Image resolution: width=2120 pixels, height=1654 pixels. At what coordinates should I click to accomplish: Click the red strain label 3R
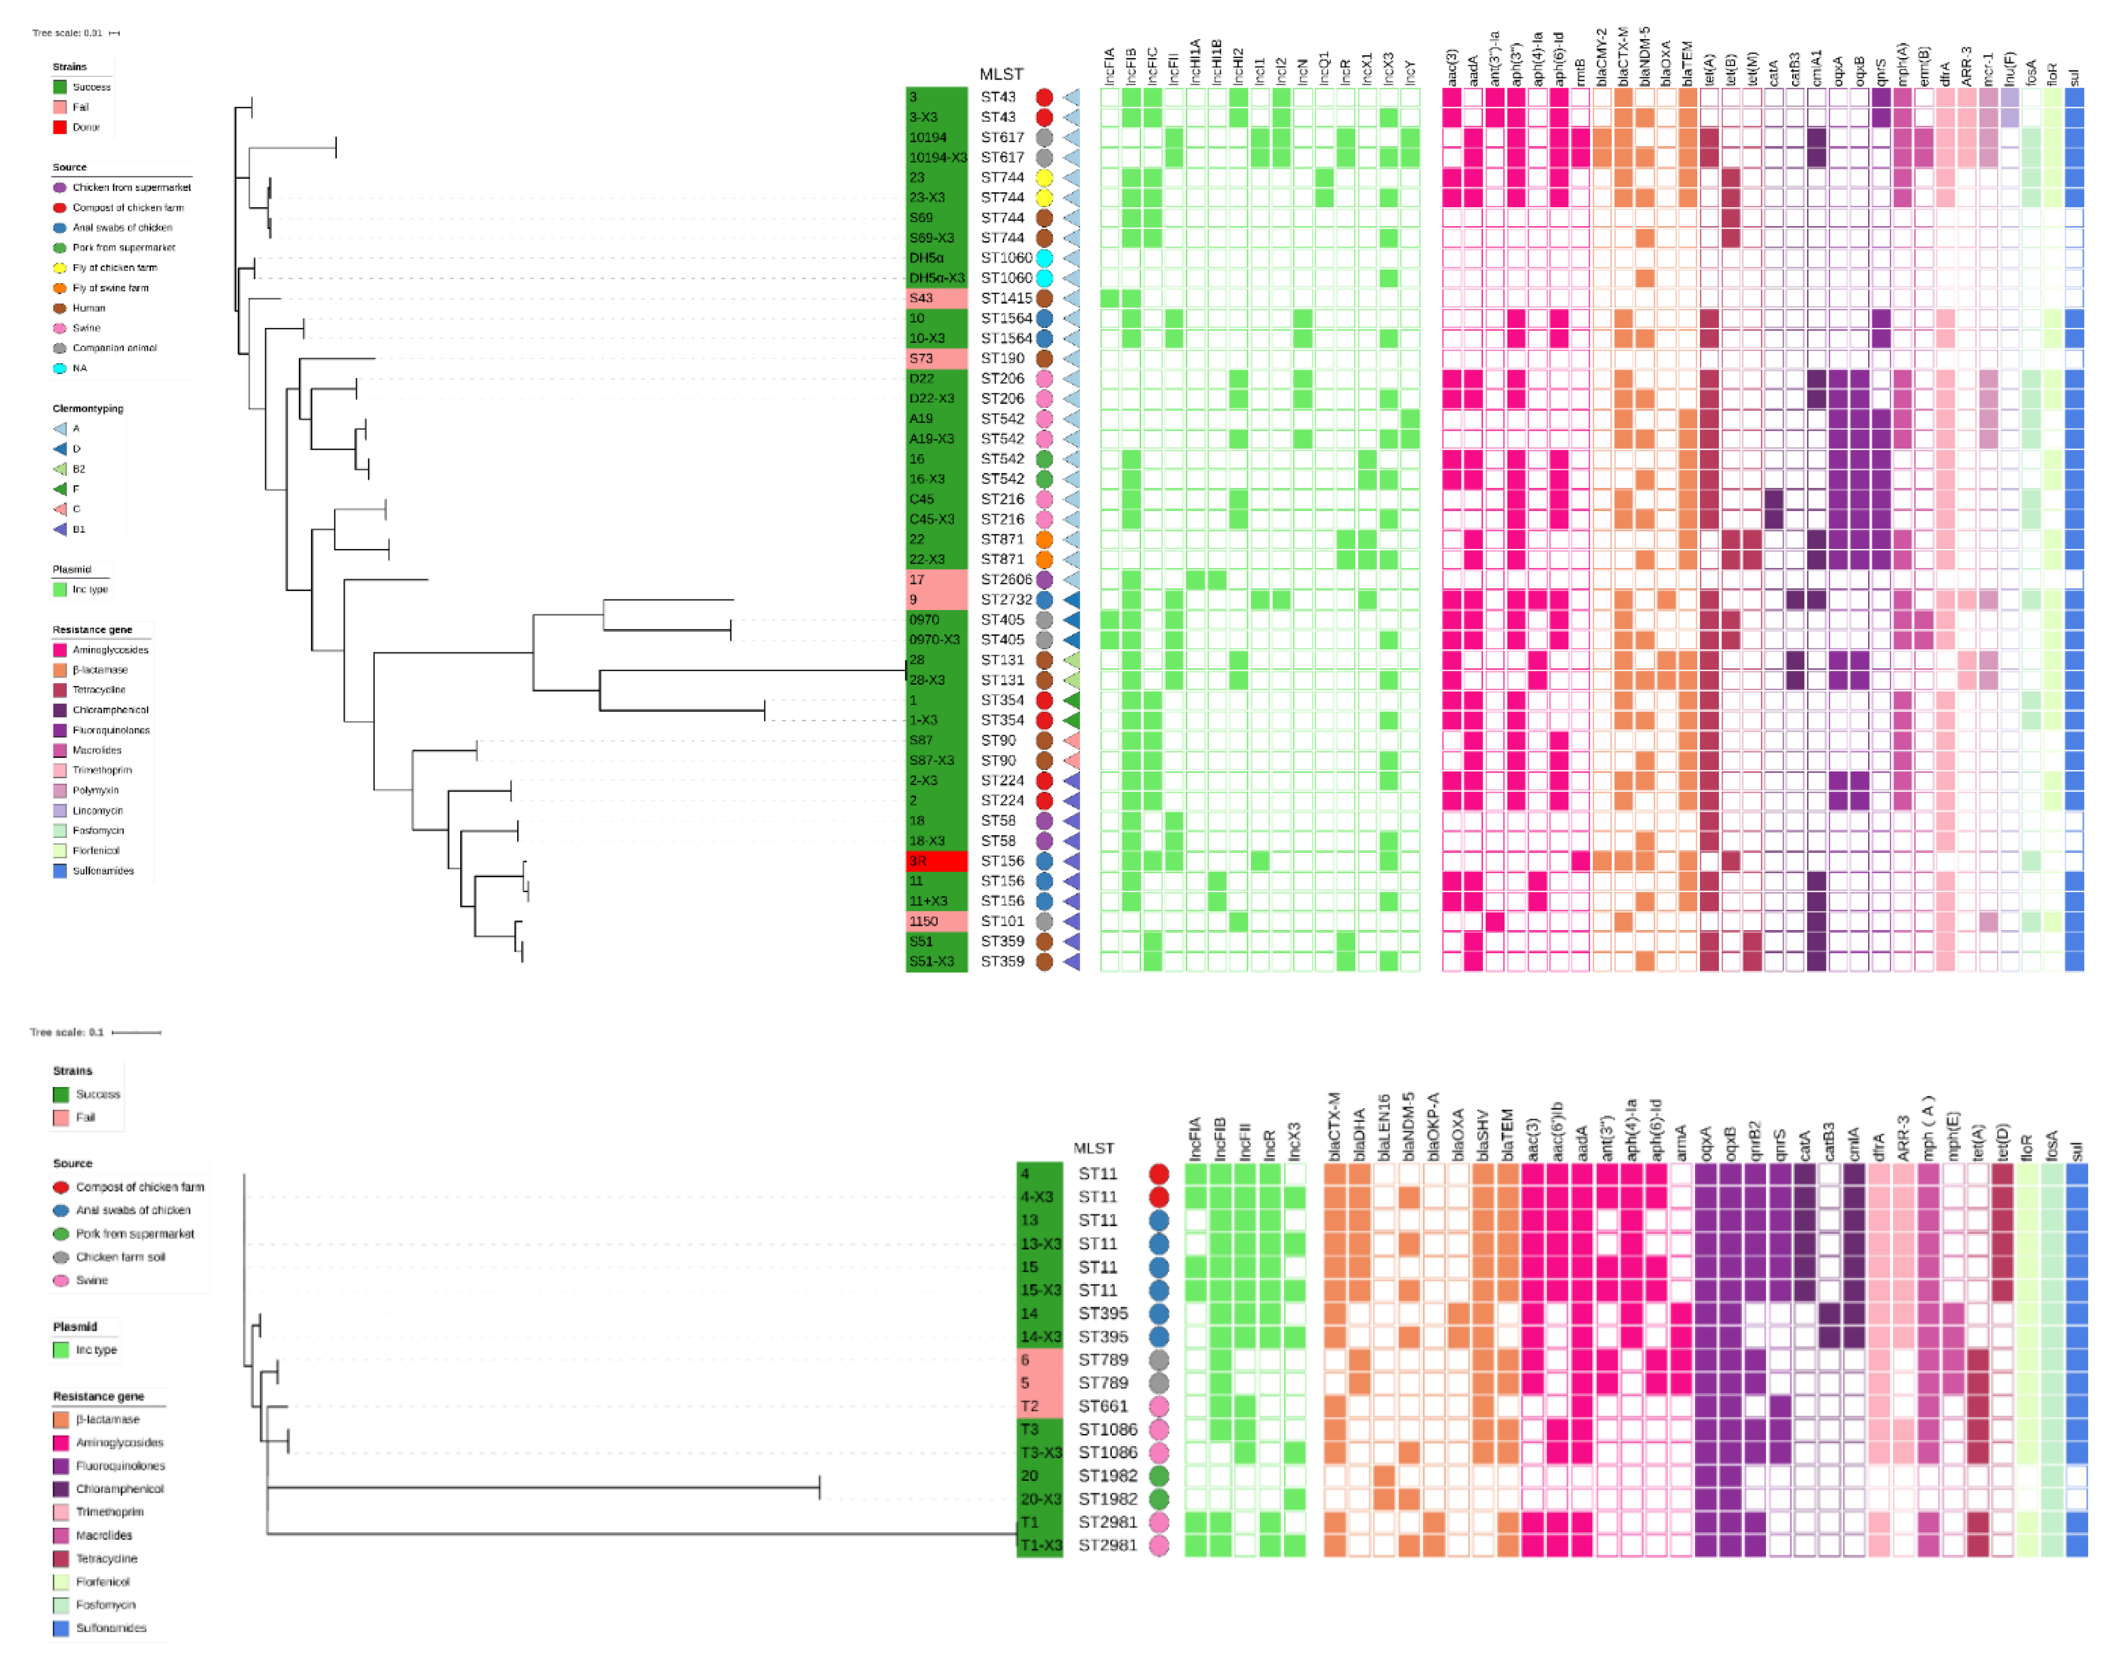coord(918,861)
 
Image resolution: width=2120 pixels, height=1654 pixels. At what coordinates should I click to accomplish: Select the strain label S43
coord(921,298)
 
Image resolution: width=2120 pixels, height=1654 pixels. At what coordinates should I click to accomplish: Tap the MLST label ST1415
coord(1006,298)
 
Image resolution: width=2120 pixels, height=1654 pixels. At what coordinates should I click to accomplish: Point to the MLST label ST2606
coord(1006,579)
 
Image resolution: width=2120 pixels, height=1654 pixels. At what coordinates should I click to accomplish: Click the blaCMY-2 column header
coord(1602,58)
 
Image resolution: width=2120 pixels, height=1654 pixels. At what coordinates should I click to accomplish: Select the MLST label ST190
coord(1002,358)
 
